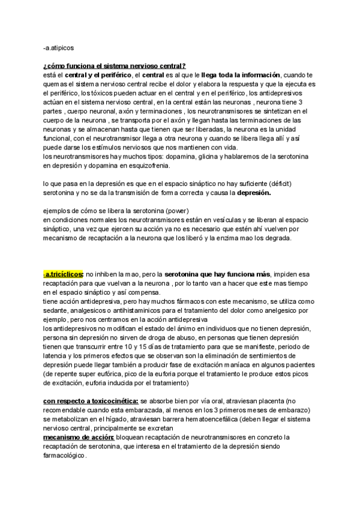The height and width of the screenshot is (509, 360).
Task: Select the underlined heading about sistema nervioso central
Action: point(114,65)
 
